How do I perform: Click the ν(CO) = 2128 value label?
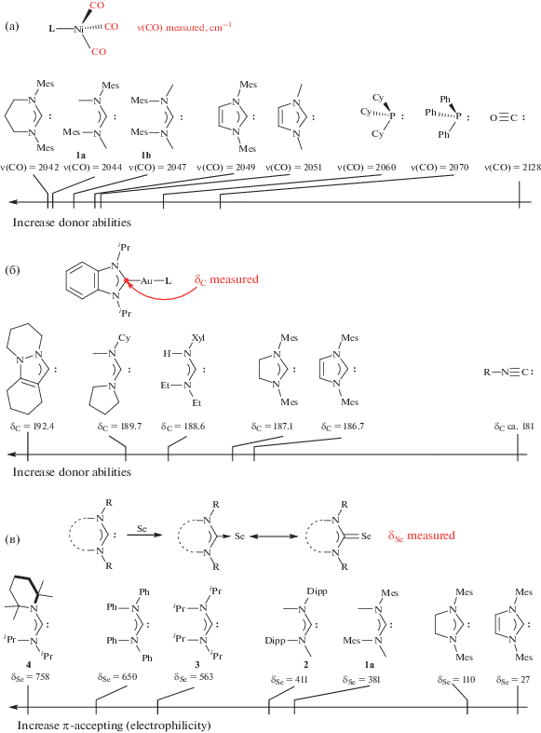(512, 168)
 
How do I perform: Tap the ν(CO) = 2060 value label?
(367, 168)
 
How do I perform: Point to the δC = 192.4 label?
(33, 427)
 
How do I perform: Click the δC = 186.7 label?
(343, 427)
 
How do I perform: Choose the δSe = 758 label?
(31, 676)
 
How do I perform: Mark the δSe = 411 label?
(290, 680)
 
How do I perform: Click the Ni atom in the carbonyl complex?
(78, 29)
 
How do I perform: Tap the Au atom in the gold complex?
(146, 281)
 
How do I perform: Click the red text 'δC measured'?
(226, 279)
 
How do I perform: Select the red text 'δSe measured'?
(422, 536)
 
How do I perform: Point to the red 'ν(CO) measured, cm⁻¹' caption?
(184, 27)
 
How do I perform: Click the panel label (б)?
(12, 270)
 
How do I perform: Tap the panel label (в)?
(12, 539)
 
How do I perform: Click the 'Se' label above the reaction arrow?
(142, 529)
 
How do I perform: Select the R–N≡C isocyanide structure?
(508, 373)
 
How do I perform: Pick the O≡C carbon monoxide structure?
(507, 117)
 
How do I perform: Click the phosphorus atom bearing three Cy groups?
(392, 115)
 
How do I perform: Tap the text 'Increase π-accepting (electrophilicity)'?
(114, 725)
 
